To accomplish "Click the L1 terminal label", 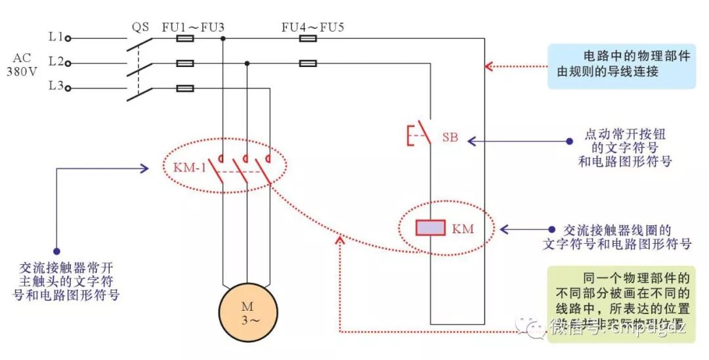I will point(55,38).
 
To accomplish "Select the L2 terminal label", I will point(55,63).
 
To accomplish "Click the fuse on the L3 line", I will point(186,87).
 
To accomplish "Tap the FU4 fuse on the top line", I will point(308,39).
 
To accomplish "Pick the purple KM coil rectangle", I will point(430,228).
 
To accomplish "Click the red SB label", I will point(450,138).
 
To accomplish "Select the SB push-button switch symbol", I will point(420,134).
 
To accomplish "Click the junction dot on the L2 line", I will point(247,63).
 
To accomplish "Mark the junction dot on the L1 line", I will point(223,39).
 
